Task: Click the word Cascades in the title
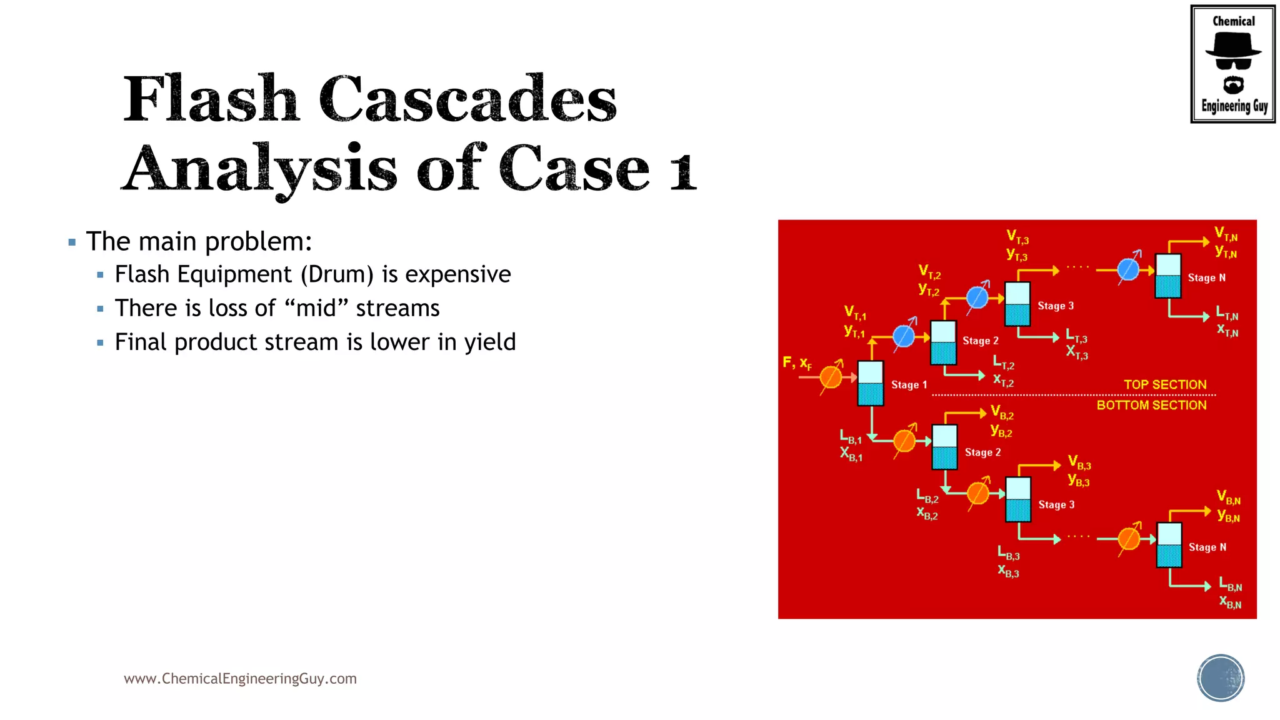467,100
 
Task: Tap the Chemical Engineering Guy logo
1232,64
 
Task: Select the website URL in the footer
240,679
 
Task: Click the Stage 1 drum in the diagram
870,383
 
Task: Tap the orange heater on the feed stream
831,377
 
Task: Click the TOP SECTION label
1164,385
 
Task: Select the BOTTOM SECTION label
1151,406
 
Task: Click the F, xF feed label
797,362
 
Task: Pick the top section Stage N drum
1167,276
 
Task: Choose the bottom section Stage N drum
1169,545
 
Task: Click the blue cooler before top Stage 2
904,336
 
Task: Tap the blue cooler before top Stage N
1128,269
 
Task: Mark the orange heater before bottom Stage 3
977,493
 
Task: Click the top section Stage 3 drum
1017,304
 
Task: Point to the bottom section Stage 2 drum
944,447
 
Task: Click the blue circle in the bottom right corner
1221,678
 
